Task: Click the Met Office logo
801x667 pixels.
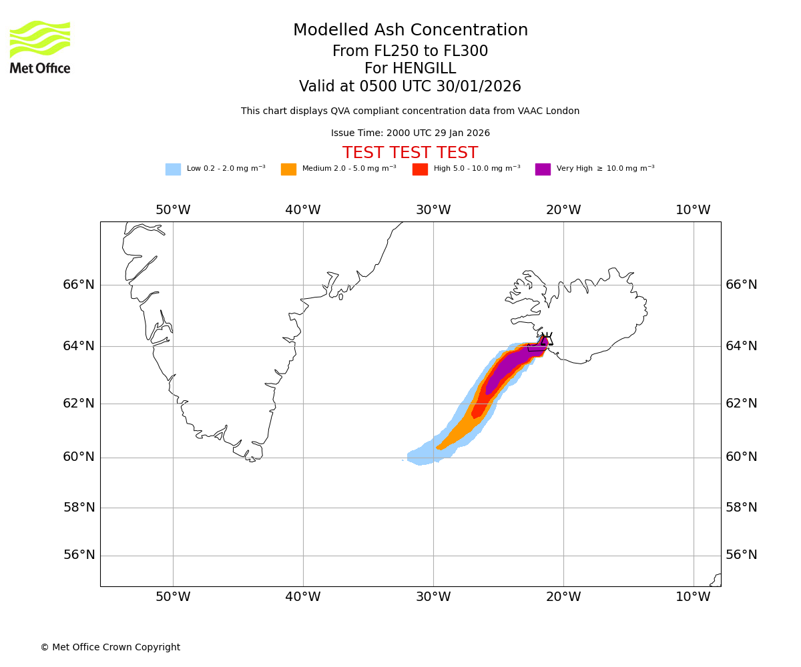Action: pos(40,47)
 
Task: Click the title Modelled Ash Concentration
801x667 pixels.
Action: pos(410,31)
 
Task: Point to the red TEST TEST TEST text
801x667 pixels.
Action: pos(410,153)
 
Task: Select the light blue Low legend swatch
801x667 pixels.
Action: pos(173,169)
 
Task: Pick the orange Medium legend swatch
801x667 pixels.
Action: pos(288,169)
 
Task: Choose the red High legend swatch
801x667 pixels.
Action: pos(420,169)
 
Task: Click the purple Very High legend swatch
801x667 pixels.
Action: pos(543,169)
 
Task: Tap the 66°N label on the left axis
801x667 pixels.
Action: pos(79,285)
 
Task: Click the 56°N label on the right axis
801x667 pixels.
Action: pos(741,555)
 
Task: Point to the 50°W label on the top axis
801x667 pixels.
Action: pos(173,210)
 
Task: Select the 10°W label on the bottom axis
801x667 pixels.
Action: pos(693,597)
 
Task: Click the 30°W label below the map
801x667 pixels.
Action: pos(433,597)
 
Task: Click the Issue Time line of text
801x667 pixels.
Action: pos(410,133)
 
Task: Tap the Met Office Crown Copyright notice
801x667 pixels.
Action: pos(110,648)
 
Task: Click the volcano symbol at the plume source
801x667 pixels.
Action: pos(547,339)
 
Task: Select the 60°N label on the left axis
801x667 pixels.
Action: pos(79,457)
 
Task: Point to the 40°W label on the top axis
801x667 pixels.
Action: pos(303,210)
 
